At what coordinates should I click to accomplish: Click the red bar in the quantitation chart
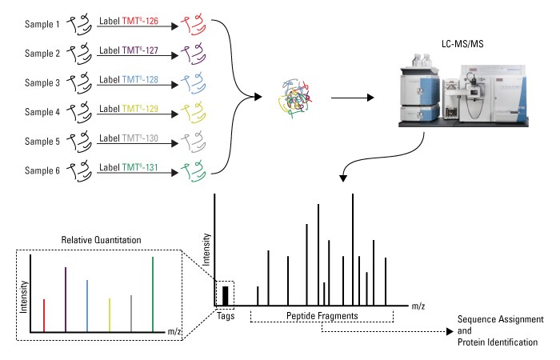(x=43, y=315)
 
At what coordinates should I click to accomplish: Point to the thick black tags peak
(x=226, y=296)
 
